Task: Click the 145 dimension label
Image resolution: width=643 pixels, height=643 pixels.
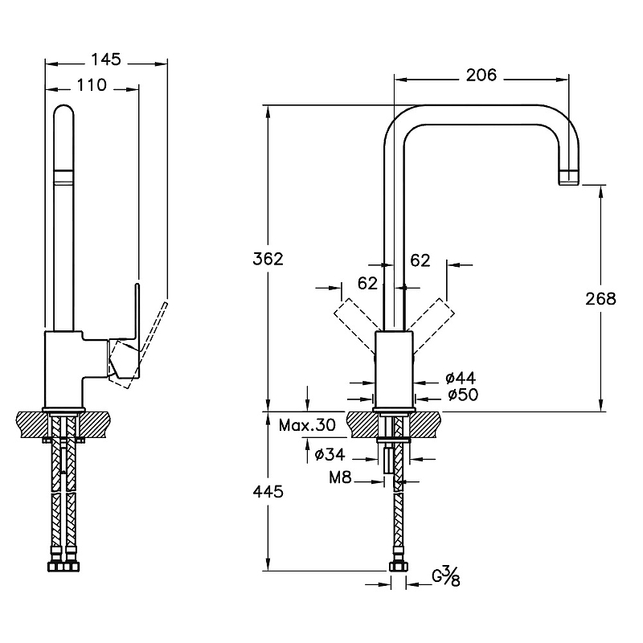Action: click(105, 59)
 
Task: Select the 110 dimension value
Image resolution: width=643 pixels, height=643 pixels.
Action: click(92, 84)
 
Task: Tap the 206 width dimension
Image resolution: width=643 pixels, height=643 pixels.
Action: click(481, 76)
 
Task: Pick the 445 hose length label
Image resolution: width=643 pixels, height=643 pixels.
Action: click(268, 492)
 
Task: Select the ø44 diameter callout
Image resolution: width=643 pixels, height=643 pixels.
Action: click(461, 378)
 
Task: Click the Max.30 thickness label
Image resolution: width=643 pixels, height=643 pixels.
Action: click(306, 424)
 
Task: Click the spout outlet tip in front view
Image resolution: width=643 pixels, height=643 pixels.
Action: click(568, 177)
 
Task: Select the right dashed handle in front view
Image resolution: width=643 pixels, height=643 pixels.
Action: click(433, 318)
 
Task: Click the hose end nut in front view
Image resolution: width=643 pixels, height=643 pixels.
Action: click(397, 567)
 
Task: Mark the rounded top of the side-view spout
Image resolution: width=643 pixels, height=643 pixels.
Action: click(63, 113)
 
